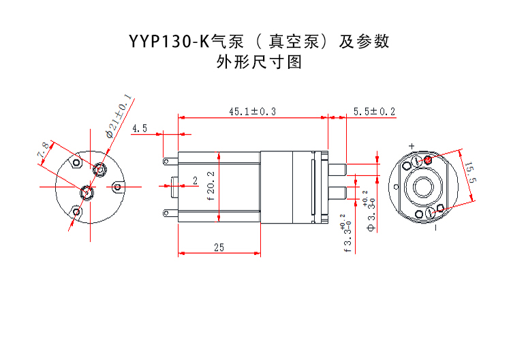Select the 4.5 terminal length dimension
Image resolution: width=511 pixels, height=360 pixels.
pos(140,128)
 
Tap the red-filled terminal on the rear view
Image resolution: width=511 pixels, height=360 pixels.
pos(428,160)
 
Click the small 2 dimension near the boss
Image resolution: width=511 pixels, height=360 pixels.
pos(195,181)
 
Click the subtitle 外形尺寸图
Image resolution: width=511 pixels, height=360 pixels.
pos(258,63)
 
